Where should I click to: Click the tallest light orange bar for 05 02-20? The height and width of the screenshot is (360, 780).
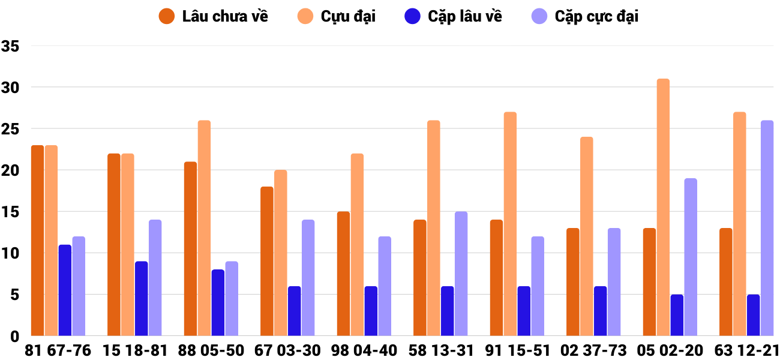pos(663,207)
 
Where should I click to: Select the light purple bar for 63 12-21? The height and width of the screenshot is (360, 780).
pos(767,228)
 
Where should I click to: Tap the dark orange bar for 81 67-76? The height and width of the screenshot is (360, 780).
pos(38,240)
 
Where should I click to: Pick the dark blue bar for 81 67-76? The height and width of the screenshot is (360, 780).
pos(65,290)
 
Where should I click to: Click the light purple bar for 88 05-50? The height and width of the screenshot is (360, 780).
pos(232,298)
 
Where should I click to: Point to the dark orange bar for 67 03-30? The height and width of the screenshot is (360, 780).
pos(267,261)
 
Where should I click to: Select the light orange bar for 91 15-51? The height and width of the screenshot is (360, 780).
pos(510,224)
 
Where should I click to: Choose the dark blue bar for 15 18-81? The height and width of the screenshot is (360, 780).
pos(141,298)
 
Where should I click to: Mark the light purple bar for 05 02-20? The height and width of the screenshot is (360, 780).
pos(691,257)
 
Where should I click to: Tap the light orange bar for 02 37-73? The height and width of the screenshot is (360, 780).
pos(587,236)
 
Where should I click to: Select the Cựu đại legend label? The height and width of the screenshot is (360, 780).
pos(348,16)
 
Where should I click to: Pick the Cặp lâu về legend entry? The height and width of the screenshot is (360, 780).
pos(465,16)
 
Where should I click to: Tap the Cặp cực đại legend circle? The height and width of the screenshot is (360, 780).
pos(540,16)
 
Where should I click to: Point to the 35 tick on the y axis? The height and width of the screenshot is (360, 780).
pos(11,46)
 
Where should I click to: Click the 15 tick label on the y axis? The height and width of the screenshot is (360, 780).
pos(11,212)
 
